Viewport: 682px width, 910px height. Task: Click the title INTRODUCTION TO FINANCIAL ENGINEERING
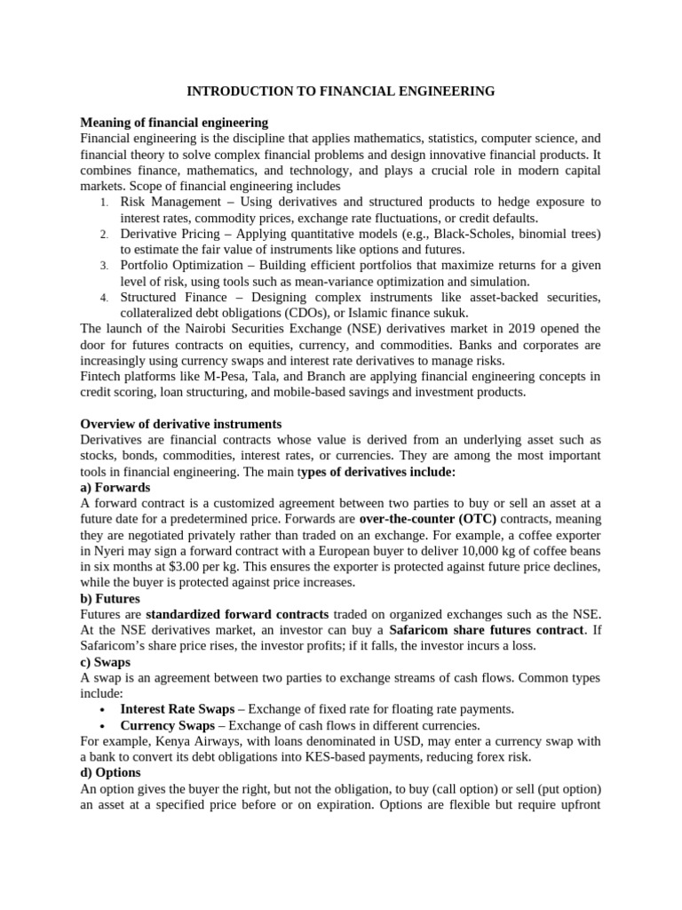click(340, 91)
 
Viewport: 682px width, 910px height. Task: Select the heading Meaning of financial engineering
click(174, 122)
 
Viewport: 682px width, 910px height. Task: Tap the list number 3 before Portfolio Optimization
click(103, 266)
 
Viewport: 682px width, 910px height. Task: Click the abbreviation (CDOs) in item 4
click(313, 313)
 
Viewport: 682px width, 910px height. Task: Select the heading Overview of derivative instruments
click(181, 424)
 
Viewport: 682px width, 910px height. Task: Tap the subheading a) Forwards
click(115, 488)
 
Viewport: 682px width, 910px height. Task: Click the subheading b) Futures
click(111, 599)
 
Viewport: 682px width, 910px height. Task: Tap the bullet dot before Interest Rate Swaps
click(104, 709)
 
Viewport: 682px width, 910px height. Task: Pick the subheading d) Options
click(111, 773)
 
